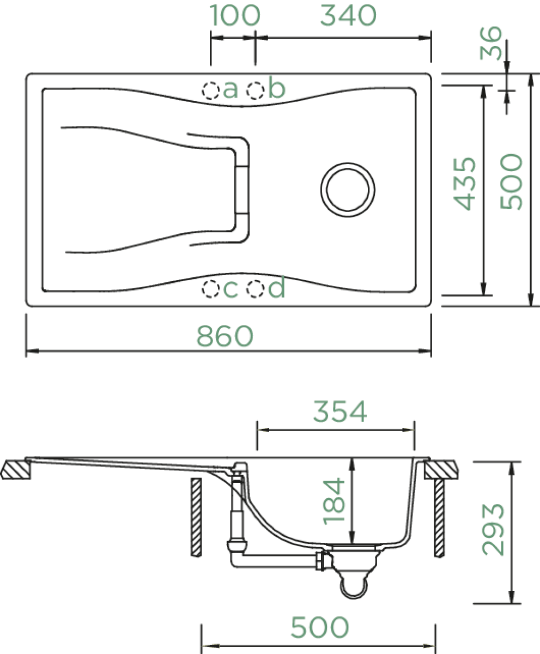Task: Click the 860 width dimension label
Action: point(225,336)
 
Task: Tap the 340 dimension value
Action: point(348,15)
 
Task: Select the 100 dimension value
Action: point(235,15)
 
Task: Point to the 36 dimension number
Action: point(491,43)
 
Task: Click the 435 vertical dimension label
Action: point(465,184)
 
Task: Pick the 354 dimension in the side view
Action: point(340,411)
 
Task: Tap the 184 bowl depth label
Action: point(334,501)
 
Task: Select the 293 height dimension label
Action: point(493,529)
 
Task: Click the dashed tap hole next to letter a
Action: point(210,90)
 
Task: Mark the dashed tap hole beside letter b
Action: point(255,90)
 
